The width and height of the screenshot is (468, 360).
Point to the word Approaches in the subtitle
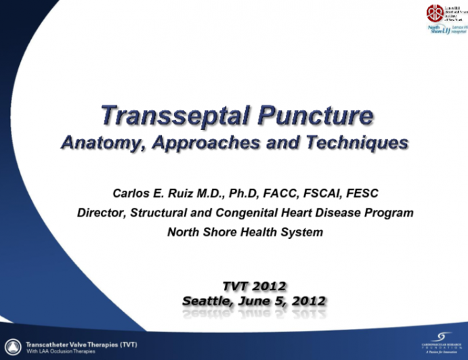(204, 143)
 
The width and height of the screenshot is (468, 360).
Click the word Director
(101, 212)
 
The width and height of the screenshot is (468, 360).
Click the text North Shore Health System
(244, 232)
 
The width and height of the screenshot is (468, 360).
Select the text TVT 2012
(254, 286)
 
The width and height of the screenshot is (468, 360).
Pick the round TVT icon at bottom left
(12, 345)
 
